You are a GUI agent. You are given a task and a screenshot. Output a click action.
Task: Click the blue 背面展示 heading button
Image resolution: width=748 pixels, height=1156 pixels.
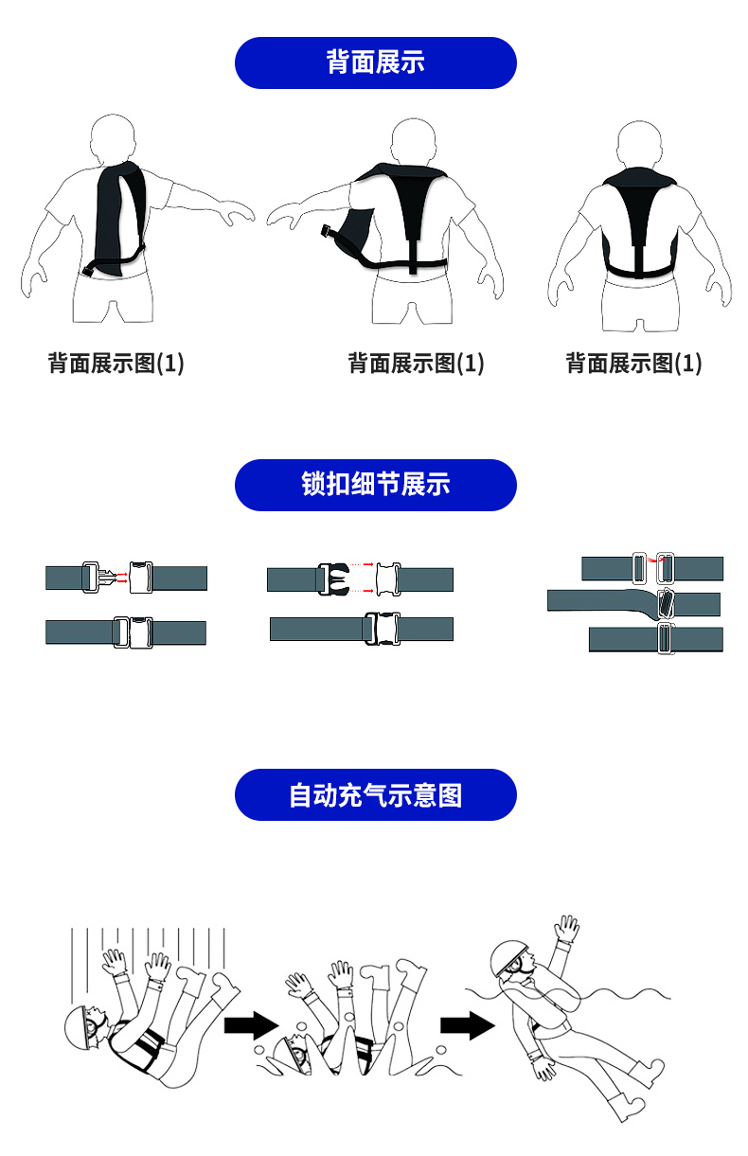coord(375,62)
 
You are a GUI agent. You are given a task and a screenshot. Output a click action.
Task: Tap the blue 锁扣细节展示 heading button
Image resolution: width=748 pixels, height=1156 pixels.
coord(375,485)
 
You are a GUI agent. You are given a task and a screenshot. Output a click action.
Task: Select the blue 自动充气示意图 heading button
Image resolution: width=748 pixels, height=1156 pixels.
coord(375,794)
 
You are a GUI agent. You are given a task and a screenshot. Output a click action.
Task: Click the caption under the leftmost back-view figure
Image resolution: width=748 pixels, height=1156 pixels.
coord(116,363)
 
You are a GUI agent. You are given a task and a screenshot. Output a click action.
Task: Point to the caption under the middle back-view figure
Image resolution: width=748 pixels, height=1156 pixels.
coord(416,363)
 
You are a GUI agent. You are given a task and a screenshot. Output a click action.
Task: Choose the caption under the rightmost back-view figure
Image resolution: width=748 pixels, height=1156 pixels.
coord(633,363)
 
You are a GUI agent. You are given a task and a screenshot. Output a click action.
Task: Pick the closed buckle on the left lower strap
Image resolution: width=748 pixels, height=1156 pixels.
coord(132,631)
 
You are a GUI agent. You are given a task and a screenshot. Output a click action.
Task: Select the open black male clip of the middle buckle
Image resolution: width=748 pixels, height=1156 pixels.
coord(332,578)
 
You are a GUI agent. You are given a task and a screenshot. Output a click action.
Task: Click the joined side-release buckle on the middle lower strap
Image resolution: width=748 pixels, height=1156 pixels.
coord(381,628)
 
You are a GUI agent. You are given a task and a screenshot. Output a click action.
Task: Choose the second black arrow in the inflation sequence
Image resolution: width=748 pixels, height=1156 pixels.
coord(468,1024)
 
